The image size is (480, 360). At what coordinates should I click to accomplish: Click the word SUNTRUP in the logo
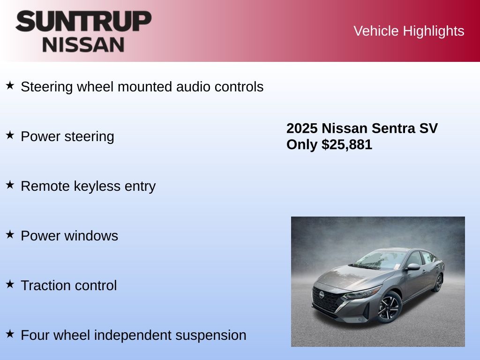[83, 21]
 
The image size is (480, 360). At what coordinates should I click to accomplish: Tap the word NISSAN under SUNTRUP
[83, 45]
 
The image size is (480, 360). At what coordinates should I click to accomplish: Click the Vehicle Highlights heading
[409, 31]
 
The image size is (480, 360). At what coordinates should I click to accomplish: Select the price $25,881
[347, 144]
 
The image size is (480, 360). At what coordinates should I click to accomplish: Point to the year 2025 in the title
[302, 128]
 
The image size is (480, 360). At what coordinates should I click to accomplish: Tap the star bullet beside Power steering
[10, 135]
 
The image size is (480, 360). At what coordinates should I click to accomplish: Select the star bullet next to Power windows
[10, 234]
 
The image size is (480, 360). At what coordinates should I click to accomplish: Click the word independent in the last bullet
[133, 335]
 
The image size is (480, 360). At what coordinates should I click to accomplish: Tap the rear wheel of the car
[438, 283]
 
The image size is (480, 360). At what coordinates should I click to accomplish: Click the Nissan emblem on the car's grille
[322, 294]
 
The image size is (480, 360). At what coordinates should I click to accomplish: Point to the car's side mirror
[412, 267]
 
